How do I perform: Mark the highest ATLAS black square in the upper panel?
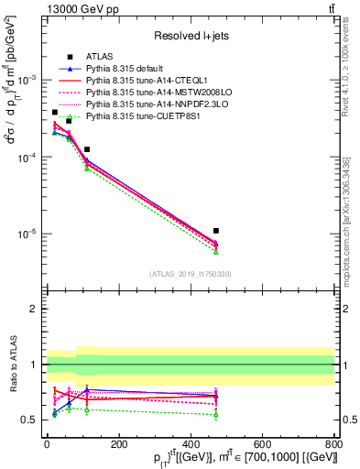(55, 112)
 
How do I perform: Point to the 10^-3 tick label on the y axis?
(28, 81)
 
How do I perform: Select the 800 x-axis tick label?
(334, 445)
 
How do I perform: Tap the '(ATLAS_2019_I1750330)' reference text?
(190, 274)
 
